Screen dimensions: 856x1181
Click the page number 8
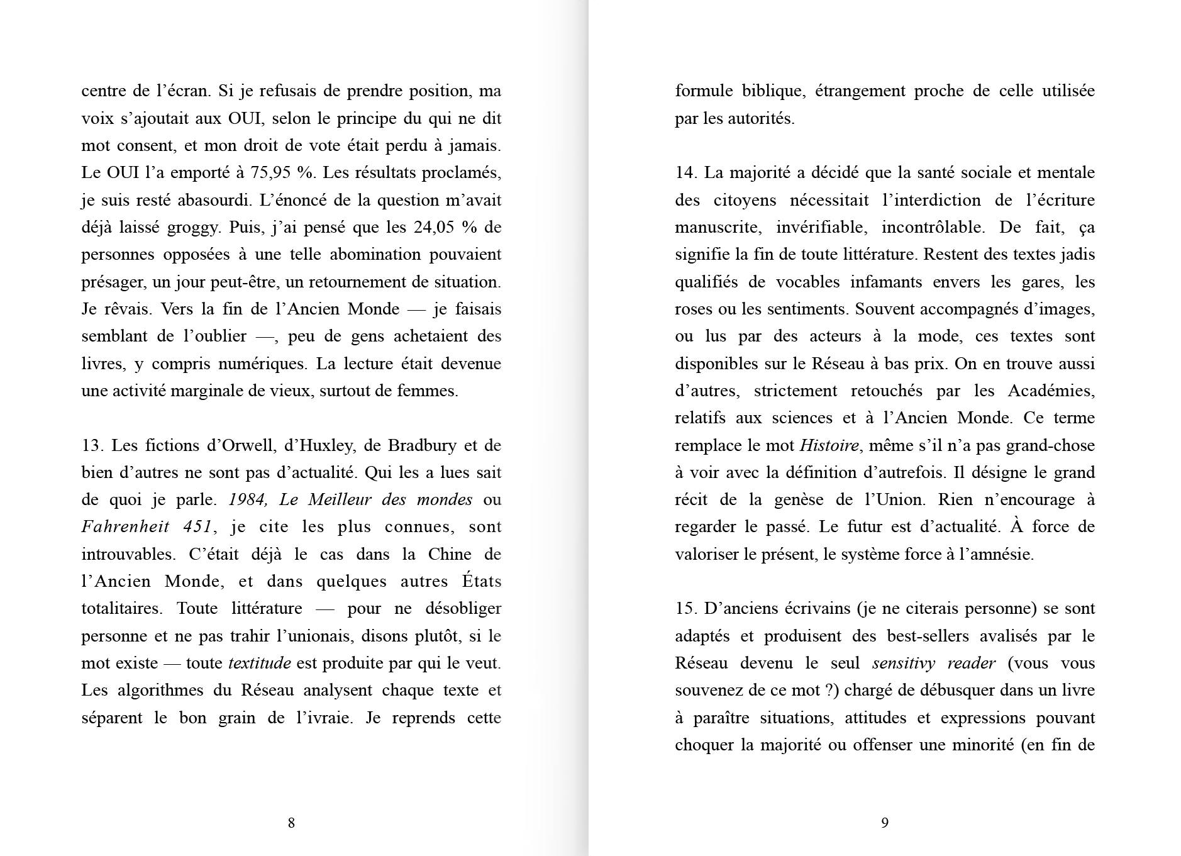pos(291,823)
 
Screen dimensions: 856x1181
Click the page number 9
pos(885,823)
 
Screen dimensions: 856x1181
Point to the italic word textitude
pos(259,664)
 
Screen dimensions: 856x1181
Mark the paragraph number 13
pos(91,445)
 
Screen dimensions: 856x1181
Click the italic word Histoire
pos(829,446)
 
